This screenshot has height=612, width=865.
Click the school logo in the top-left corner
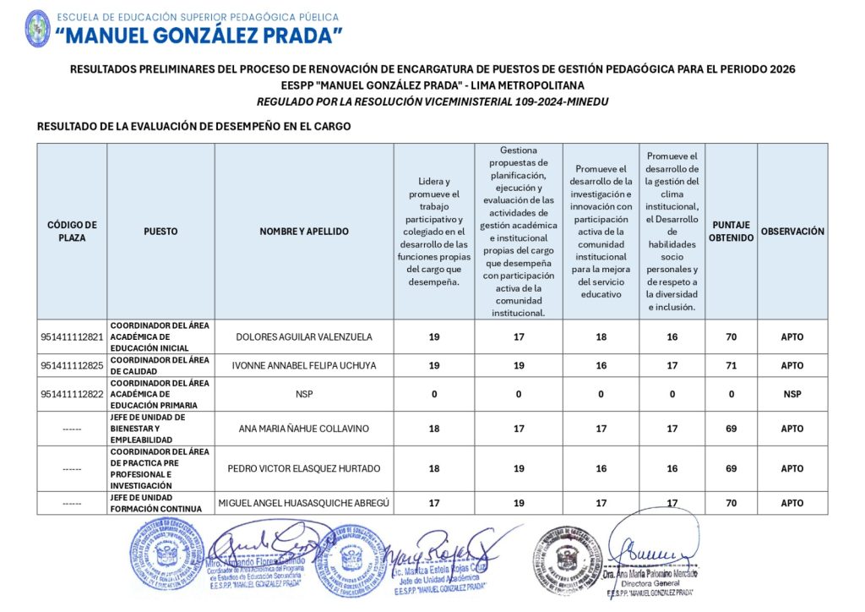click(x=37, y=28)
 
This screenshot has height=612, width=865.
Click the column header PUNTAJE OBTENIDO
click(x=731, y=231)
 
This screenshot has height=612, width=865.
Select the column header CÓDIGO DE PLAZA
click(x=72, y=231)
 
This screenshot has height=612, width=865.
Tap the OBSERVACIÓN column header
click(x=792, y=231)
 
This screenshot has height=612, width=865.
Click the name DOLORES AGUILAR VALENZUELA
click(x=303, y=336)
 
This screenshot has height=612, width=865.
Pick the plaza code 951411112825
click(x=72, y=365)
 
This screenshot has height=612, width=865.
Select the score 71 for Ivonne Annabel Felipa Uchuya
click(x=731, y=365)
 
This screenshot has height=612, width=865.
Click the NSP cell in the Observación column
click(x=792, y=394)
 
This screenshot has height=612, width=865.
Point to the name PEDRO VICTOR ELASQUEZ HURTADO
click(x=303, y=468)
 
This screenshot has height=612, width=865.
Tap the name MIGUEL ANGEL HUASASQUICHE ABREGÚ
click(x=303, y=503)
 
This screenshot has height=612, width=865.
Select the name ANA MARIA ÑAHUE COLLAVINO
click(x=303, y=429)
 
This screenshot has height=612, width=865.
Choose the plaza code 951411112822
click(x=72, y=394)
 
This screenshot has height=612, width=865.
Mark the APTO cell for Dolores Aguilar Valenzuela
click(x=792, y=336)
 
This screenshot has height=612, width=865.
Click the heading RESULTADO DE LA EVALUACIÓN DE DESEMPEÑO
click(x=193, y=127)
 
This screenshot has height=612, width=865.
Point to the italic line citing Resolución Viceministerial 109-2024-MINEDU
click(x=432, y=101)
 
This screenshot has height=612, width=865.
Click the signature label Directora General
click(x=650, y=583)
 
